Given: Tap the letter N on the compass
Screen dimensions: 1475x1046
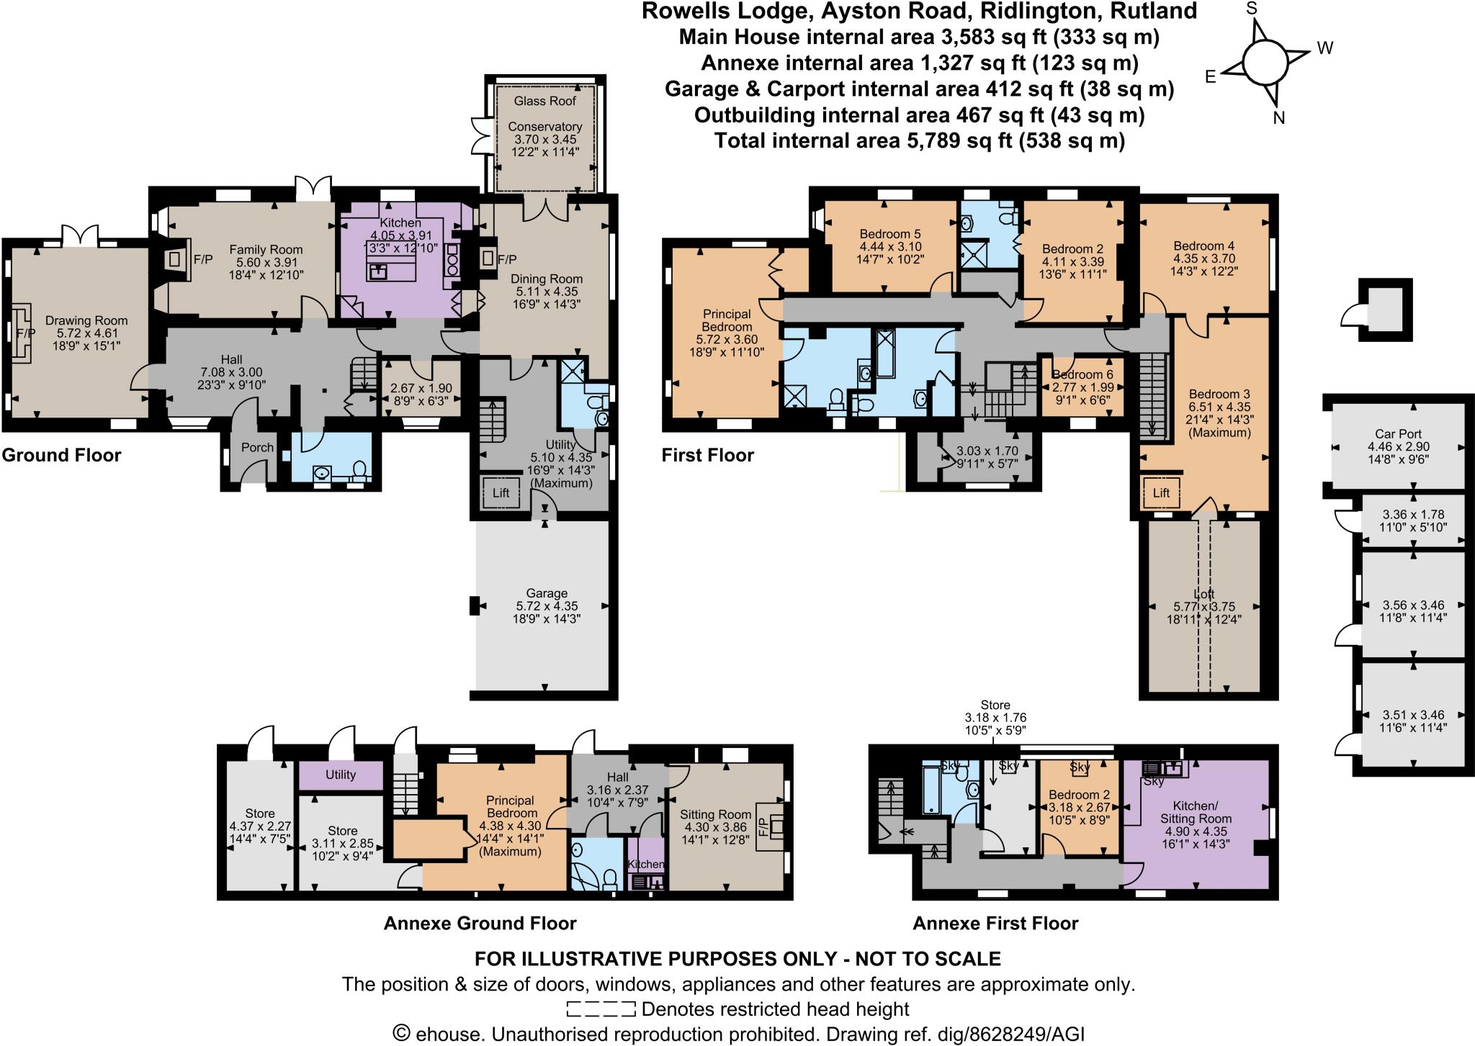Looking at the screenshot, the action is pos(1278,118).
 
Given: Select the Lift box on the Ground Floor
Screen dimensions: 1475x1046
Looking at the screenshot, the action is pos(501,493).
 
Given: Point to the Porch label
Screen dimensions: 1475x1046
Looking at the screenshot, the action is pos(257,447).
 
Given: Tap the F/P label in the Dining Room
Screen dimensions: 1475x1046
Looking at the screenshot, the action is pos(507,259).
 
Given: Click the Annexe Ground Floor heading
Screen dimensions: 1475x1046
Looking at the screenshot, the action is pos(480,923).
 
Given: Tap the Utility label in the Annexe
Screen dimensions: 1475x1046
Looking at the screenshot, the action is pos(341,775).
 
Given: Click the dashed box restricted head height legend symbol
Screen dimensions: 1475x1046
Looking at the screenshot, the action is pos(601,1009).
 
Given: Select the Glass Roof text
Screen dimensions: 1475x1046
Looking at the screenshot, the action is pos(545,101).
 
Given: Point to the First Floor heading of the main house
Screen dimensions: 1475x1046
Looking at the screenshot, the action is pos(708,455).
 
